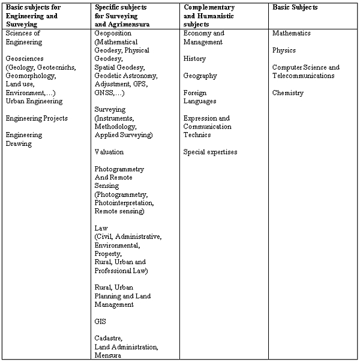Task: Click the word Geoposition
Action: pos(113,34)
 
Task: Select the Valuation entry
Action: pos(109,152)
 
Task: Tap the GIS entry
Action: pos(100,322)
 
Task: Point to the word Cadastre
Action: pos(109,339)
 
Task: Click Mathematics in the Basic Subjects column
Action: pos(294,34)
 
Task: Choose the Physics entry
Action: pos(284,50)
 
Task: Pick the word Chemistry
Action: pos(288,93)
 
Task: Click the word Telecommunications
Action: pos(304,76)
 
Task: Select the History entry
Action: pos(195,59)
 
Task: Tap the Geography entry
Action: pos(200,76)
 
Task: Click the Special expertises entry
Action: pos(210,152)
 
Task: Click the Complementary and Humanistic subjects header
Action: pos(210,16)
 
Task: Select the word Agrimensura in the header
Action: pos(124,24)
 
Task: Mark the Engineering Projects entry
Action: pos(37,118)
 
